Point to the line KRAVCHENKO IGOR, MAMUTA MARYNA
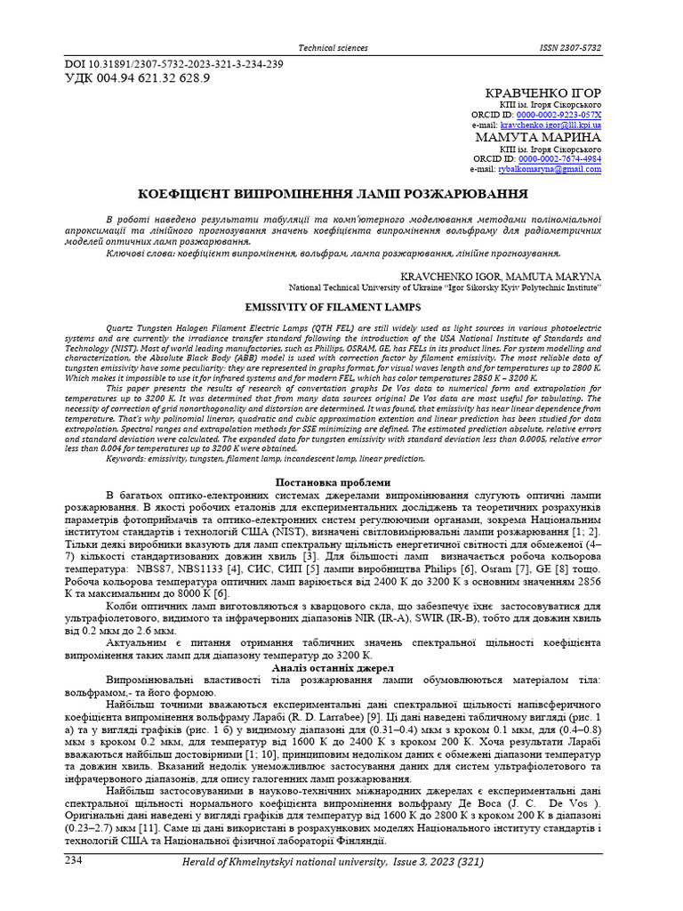(501, 277)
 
